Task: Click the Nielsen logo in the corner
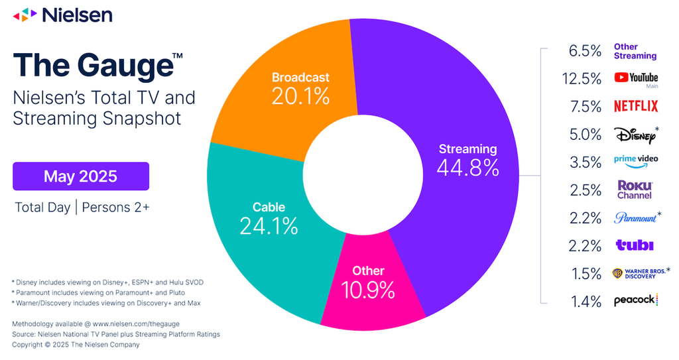point(63,15)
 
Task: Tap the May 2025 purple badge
point(81,176)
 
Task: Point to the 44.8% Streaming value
point(467,168)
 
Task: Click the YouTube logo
point(636,78)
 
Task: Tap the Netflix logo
point(636,106)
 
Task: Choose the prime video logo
point(636,160)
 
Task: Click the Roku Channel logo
point(635,190)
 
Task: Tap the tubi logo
point(635,245)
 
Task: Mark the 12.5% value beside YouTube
point(582,79)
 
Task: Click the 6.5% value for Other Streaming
point(585,51)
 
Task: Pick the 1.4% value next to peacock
point(586,302)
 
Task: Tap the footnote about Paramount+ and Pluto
point(98,293)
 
